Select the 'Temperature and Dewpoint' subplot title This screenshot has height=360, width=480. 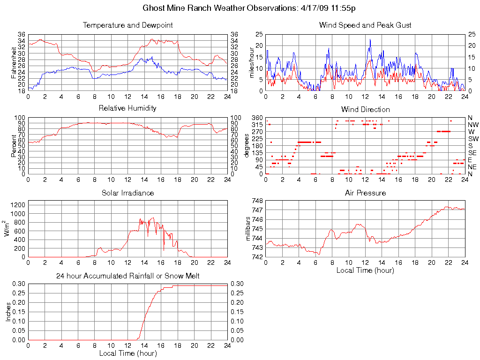click(127, 25)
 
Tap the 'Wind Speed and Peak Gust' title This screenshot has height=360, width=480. click(365, 25)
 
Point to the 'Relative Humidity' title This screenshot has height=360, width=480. click(127, 108)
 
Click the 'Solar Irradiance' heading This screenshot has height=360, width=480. click(127, 193)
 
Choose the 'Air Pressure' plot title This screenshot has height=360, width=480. click(365, 193)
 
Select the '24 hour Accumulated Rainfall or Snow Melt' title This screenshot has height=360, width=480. click(127, 276)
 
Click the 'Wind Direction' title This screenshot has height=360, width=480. click(365, 110)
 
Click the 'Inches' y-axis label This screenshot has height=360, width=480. click(8, 312)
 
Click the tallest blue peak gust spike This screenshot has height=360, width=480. click(370, 40)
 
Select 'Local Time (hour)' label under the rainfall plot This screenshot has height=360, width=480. click(127, 353)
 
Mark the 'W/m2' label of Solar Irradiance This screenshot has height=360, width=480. click(8, 229)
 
